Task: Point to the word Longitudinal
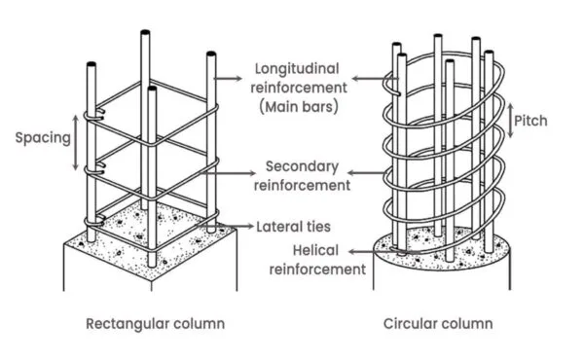296,70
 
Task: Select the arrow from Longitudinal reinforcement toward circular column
368,76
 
